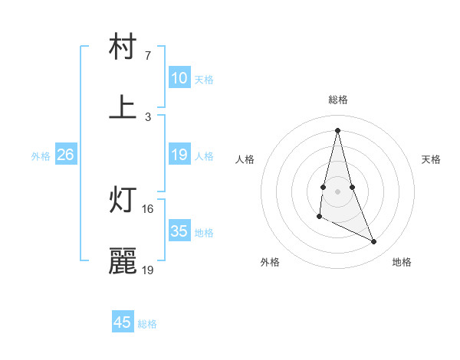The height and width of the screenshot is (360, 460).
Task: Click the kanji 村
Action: coord(123,47)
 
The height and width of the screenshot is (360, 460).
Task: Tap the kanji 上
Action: coord(123,107)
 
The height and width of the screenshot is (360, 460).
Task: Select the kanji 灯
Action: coord(123,201)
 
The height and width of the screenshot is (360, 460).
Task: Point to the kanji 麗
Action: coord(123,261)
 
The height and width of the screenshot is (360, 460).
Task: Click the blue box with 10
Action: coord(179,78)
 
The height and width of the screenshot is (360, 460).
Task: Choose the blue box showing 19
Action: coord(179,155)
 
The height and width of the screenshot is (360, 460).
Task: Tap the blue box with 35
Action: coord(179,231)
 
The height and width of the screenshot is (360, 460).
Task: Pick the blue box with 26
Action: coord(65,155)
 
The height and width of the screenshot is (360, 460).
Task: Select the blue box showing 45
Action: coord(123,322)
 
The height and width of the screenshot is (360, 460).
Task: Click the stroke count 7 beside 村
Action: coord(148,56)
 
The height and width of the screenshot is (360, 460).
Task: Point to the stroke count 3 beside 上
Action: coord(148,116)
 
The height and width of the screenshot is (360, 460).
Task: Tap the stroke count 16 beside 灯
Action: coord(148,209)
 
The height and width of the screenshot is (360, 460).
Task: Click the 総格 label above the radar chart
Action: coord(338,100)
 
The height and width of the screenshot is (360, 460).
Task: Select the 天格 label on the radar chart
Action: coord(431,159)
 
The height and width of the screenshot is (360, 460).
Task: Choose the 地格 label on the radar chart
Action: coord(402,262)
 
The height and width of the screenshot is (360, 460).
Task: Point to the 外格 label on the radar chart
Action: coord(270,262)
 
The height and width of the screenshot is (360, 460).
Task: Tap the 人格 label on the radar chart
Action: coord(245,159)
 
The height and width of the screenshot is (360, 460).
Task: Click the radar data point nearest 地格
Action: coord(374,241)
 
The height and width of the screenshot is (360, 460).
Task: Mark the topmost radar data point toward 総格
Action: coord(338,130)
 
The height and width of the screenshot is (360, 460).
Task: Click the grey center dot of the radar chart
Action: coord(338,191)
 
